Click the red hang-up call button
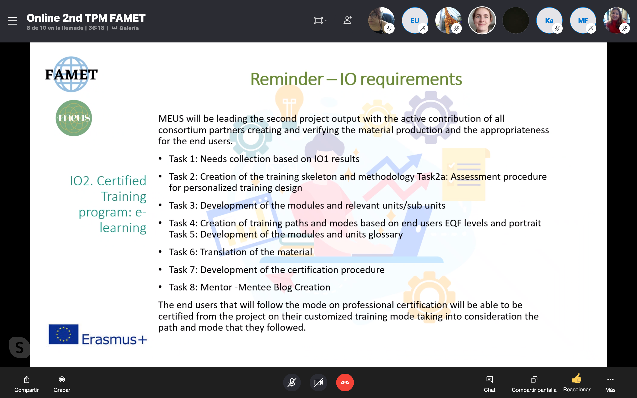(345, 382)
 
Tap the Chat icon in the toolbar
(489, 379)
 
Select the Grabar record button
(62, 379)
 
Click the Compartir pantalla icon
(534, 379)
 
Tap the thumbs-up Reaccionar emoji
(576, 379)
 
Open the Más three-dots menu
(610, 379)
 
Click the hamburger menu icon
(13, 21)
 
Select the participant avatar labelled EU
(414, 21)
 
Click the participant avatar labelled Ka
(549, 21)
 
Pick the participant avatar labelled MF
(583, 21)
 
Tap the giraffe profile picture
(448, 21)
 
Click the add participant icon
(347, 20)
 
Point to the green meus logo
(74, 118)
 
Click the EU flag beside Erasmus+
(63, 334)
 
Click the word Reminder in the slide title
(287, 79)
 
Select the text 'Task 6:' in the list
(183, 252)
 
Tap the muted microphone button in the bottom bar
(292, 382)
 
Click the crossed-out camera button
(318, 382)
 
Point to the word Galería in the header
(129, 28)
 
